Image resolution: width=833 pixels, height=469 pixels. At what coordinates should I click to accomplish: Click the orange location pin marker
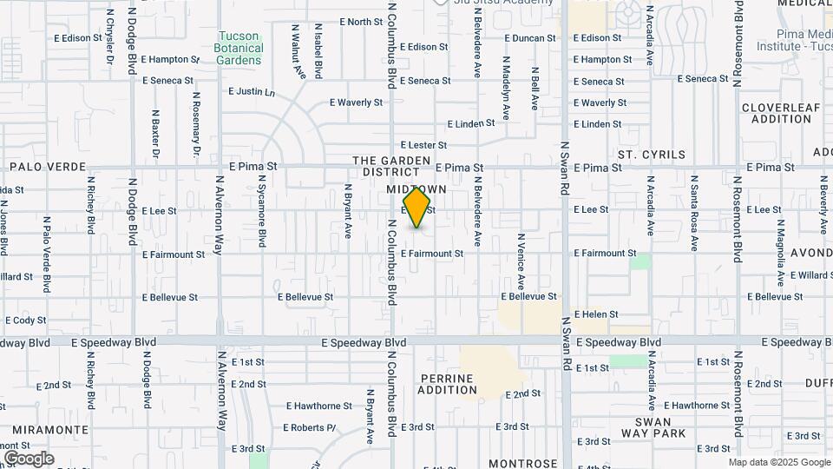pyautogui.click(x=417, y=208)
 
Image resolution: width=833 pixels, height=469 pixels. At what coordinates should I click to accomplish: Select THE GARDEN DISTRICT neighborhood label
pyautogui.click(x=391, y=166)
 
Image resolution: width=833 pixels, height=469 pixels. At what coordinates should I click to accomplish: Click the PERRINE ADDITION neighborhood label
pyautogui.click(x=447, y=384)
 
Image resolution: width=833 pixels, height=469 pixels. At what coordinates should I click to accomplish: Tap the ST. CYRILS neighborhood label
pyautogui.click(x=652, y=155)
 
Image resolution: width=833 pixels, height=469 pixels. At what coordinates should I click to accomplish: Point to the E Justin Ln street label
pyautogui.click(x=252, y=91)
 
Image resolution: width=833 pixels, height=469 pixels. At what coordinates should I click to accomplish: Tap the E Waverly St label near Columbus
pyautogui.click(x=356, y=102)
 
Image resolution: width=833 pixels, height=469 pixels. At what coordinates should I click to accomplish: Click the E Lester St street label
pyautogui.click(x=423, y=145)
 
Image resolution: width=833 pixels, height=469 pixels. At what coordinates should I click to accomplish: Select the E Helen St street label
pyautogui.click(x=596, y=314)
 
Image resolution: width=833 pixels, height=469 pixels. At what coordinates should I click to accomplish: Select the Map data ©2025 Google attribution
pyautogui.click(x=778, y=462)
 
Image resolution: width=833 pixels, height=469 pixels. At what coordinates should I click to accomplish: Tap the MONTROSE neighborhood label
pyautogui.click(x=522, y=464)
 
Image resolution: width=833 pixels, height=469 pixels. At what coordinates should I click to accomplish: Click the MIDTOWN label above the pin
pyautogui.click(x=416, y=189)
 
